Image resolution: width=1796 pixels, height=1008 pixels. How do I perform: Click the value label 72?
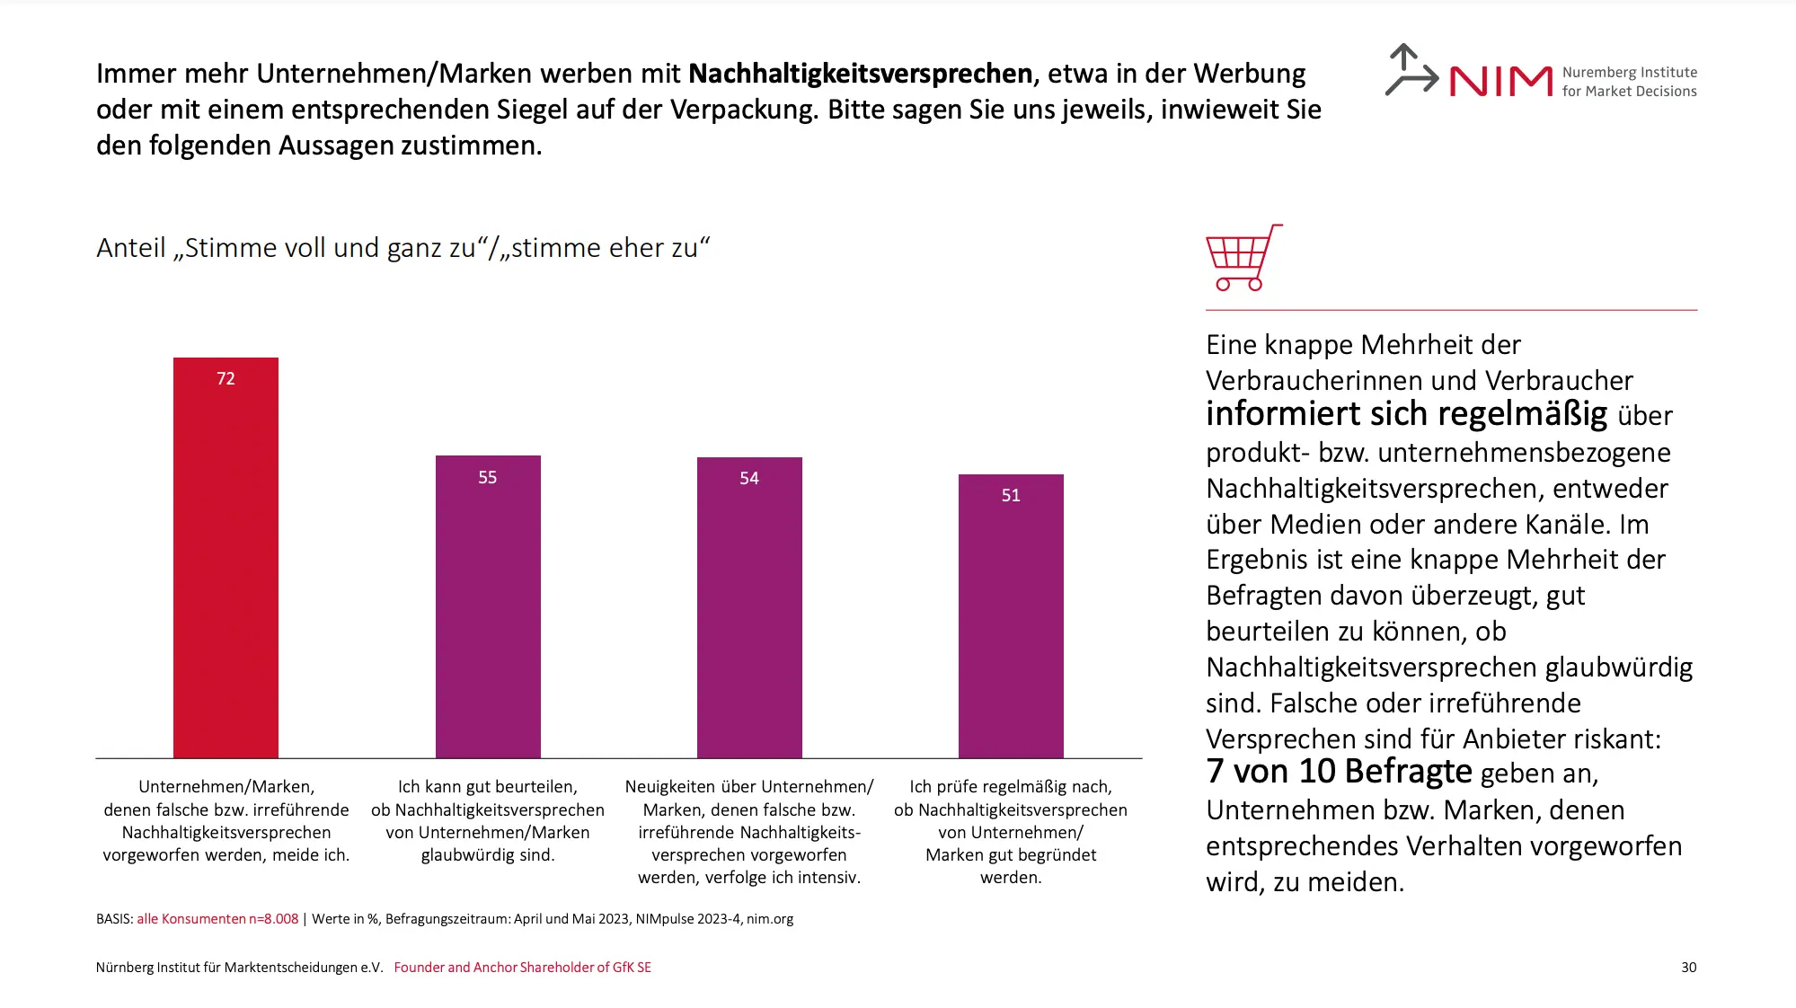pos(226,379)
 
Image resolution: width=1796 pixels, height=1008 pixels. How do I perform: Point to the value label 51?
pos(1011,496)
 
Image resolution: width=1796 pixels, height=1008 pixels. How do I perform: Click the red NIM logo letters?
pos(1500,82)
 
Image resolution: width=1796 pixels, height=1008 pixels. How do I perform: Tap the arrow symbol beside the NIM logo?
pos(1409,70)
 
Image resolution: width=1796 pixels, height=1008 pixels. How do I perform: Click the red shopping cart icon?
pos(1242,258)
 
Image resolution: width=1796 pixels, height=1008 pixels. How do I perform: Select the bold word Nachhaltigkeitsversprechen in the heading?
pos(860,74)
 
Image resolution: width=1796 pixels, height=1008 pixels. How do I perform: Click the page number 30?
pos(1688,968)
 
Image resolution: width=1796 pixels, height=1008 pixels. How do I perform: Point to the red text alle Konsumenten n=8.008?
pos(217,919)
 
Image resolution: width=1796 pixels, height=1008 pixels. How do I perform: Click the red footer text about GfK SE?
pos(522,968)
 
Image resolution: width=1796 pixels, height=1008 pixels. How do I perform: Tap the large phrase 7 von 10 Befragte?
pos(1339,772)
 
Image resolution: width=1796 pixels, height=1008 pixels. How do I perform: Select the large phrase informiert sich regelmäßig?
pos(1406,414)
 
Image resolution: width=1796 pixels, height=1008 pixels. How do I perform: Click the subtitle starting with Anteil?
pos(403,248)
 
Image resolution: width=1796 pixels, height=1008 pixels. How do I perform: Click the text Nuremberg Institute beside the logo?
pos(1629,73)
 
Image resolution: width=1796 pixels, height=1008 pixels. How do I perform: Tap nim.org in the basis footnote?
pos(770,919)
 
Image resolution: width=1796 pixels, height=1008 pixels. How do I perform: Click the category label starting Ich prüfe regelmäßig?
pos(1011,832)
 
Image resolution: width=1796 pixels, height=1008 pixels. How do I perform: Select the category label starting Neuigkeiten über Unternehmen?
pos(749,832)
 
